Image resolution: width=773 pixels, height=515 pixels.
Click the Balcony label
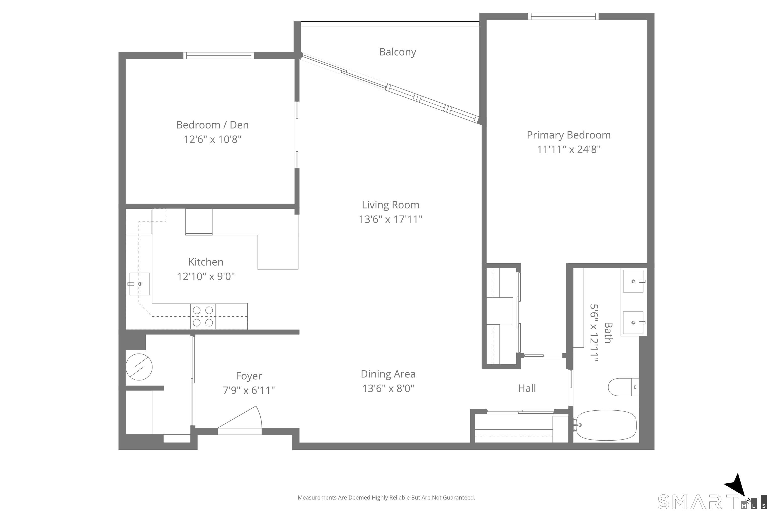(x=397, y=52)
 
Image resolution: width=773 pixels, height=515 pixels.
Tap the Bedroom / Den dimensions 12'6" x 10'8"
(x=212, y=139)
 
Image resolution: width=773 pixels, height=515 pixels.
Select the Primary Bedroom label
(x=569, y=135)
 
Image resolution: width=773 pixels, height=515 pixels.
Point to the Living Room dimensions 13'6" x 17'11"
(x=391, y=219)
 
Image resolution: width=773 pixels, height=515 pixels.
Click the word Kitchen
(x=206, y=262)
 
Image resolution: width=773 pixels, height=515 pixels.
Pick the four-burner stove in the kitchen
(x=203, y=316)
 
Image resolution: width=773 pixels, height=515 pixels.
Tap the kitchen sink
(x=139, y=284)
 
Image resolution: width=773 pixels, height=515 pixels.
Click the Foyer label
(x=249, y=376)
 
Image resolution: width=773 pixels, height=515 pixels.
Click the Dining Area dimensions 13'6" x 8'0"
(x=388, y=388)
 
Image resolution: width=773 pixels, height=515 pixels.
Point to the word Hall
(x=527, y=388)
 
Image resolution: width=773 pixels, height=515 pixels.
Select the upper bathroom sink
(x=633, y=281)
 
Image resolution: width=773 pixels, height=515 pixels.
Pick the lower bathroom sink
(x=633, y=323)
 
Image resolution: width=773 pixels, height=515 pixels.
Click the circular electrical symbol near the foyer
(x=139, y=367)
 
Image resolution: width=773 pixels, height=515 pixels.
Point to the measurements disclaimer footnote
(x=386, y=498)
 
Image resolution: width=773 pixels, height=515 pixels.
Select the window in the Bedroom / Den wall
(x=219, y=56)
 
